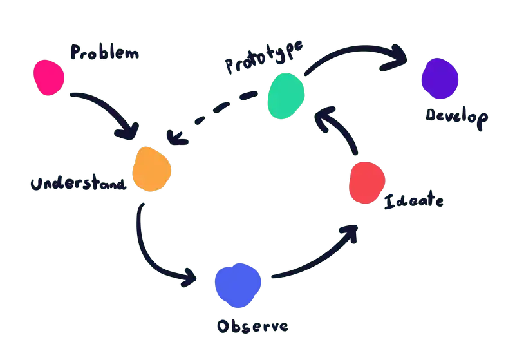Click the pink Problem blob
pyautogui.click(x=49, y=77)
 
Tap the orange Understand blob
pyautogui.click(x=152, y=169)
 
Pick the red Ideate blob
pyautogui.click(x=367, y=184)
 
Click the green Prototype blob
pyautogui.click(x=286, y=96)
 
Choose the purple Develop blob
pyautogui.click(x=440, y=79)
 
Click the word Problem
pyautogui.click(x=104, y=53)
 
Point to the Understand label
pyautogui.click(x=78, y=184)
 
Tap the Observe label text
pyautogui.click(x=252, y=326)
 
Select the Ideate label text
pyautogui.click(x=413, y=200)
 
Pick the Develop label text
pyautogui.click(x=456, y=118)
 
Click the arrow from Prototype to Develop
pyautogui.click(x=354, y=53)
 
